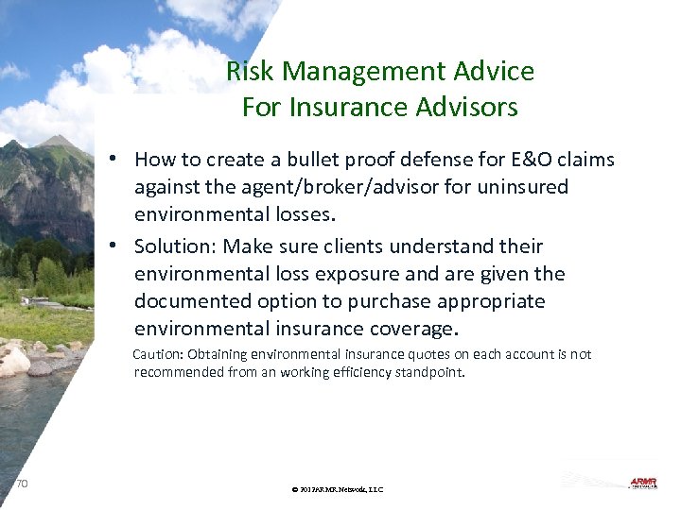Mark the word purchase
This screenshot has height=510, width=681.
coord(396,301)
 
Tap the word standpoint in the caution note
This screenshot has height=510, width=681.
coord(430,372)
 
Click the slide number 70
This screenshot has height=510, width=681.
coord(23,484)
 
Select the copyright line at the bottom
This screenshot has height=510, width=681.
coord(339,489)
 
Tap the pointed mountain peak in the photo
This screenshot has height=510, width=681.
coord(59,139)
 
